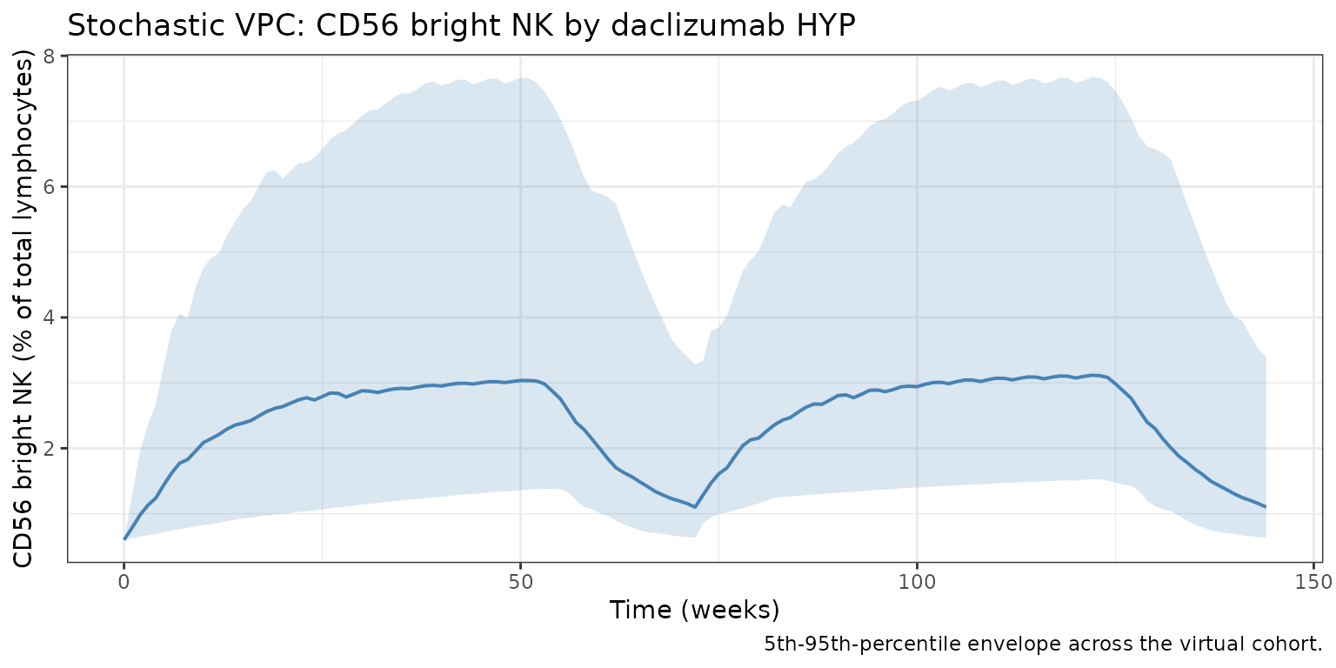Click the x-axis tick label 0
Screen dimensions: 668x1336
pyautogui.click(x=124, y=580)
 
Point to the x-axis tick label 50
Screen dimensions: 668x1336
pyautogui.click(x=520, y=580)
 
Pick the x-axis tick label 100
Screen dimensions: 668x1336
pyautogui.click(x=917, y=580)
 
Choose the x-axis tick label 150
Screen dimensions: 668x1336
pyautogui.click(x=1313, y=580)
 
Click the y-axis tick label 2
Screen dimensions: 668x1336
pyautogui.click(x=50, y=449)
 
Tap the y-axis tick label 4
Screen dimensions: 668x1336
pyautogui.click(x=50, y=317)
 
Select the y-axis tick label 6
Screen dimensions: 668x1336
pyautogui.click(x=50, y=187)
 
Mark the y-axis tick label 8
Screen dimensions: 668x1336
pyautogui.click(x=50, y=57)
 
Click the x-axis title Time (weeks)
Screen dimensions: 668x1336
pyautogui.click(x=694, y=610)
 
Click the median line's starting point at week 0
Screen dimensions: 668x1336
pyautogui.click(x=124, y=538)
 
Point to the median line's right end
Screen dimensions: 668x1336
pyautogui.click(x=1265, y=506)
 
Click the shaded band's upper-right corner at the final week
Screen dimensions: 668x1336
pyautogui.click(x=1265, y=357)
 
